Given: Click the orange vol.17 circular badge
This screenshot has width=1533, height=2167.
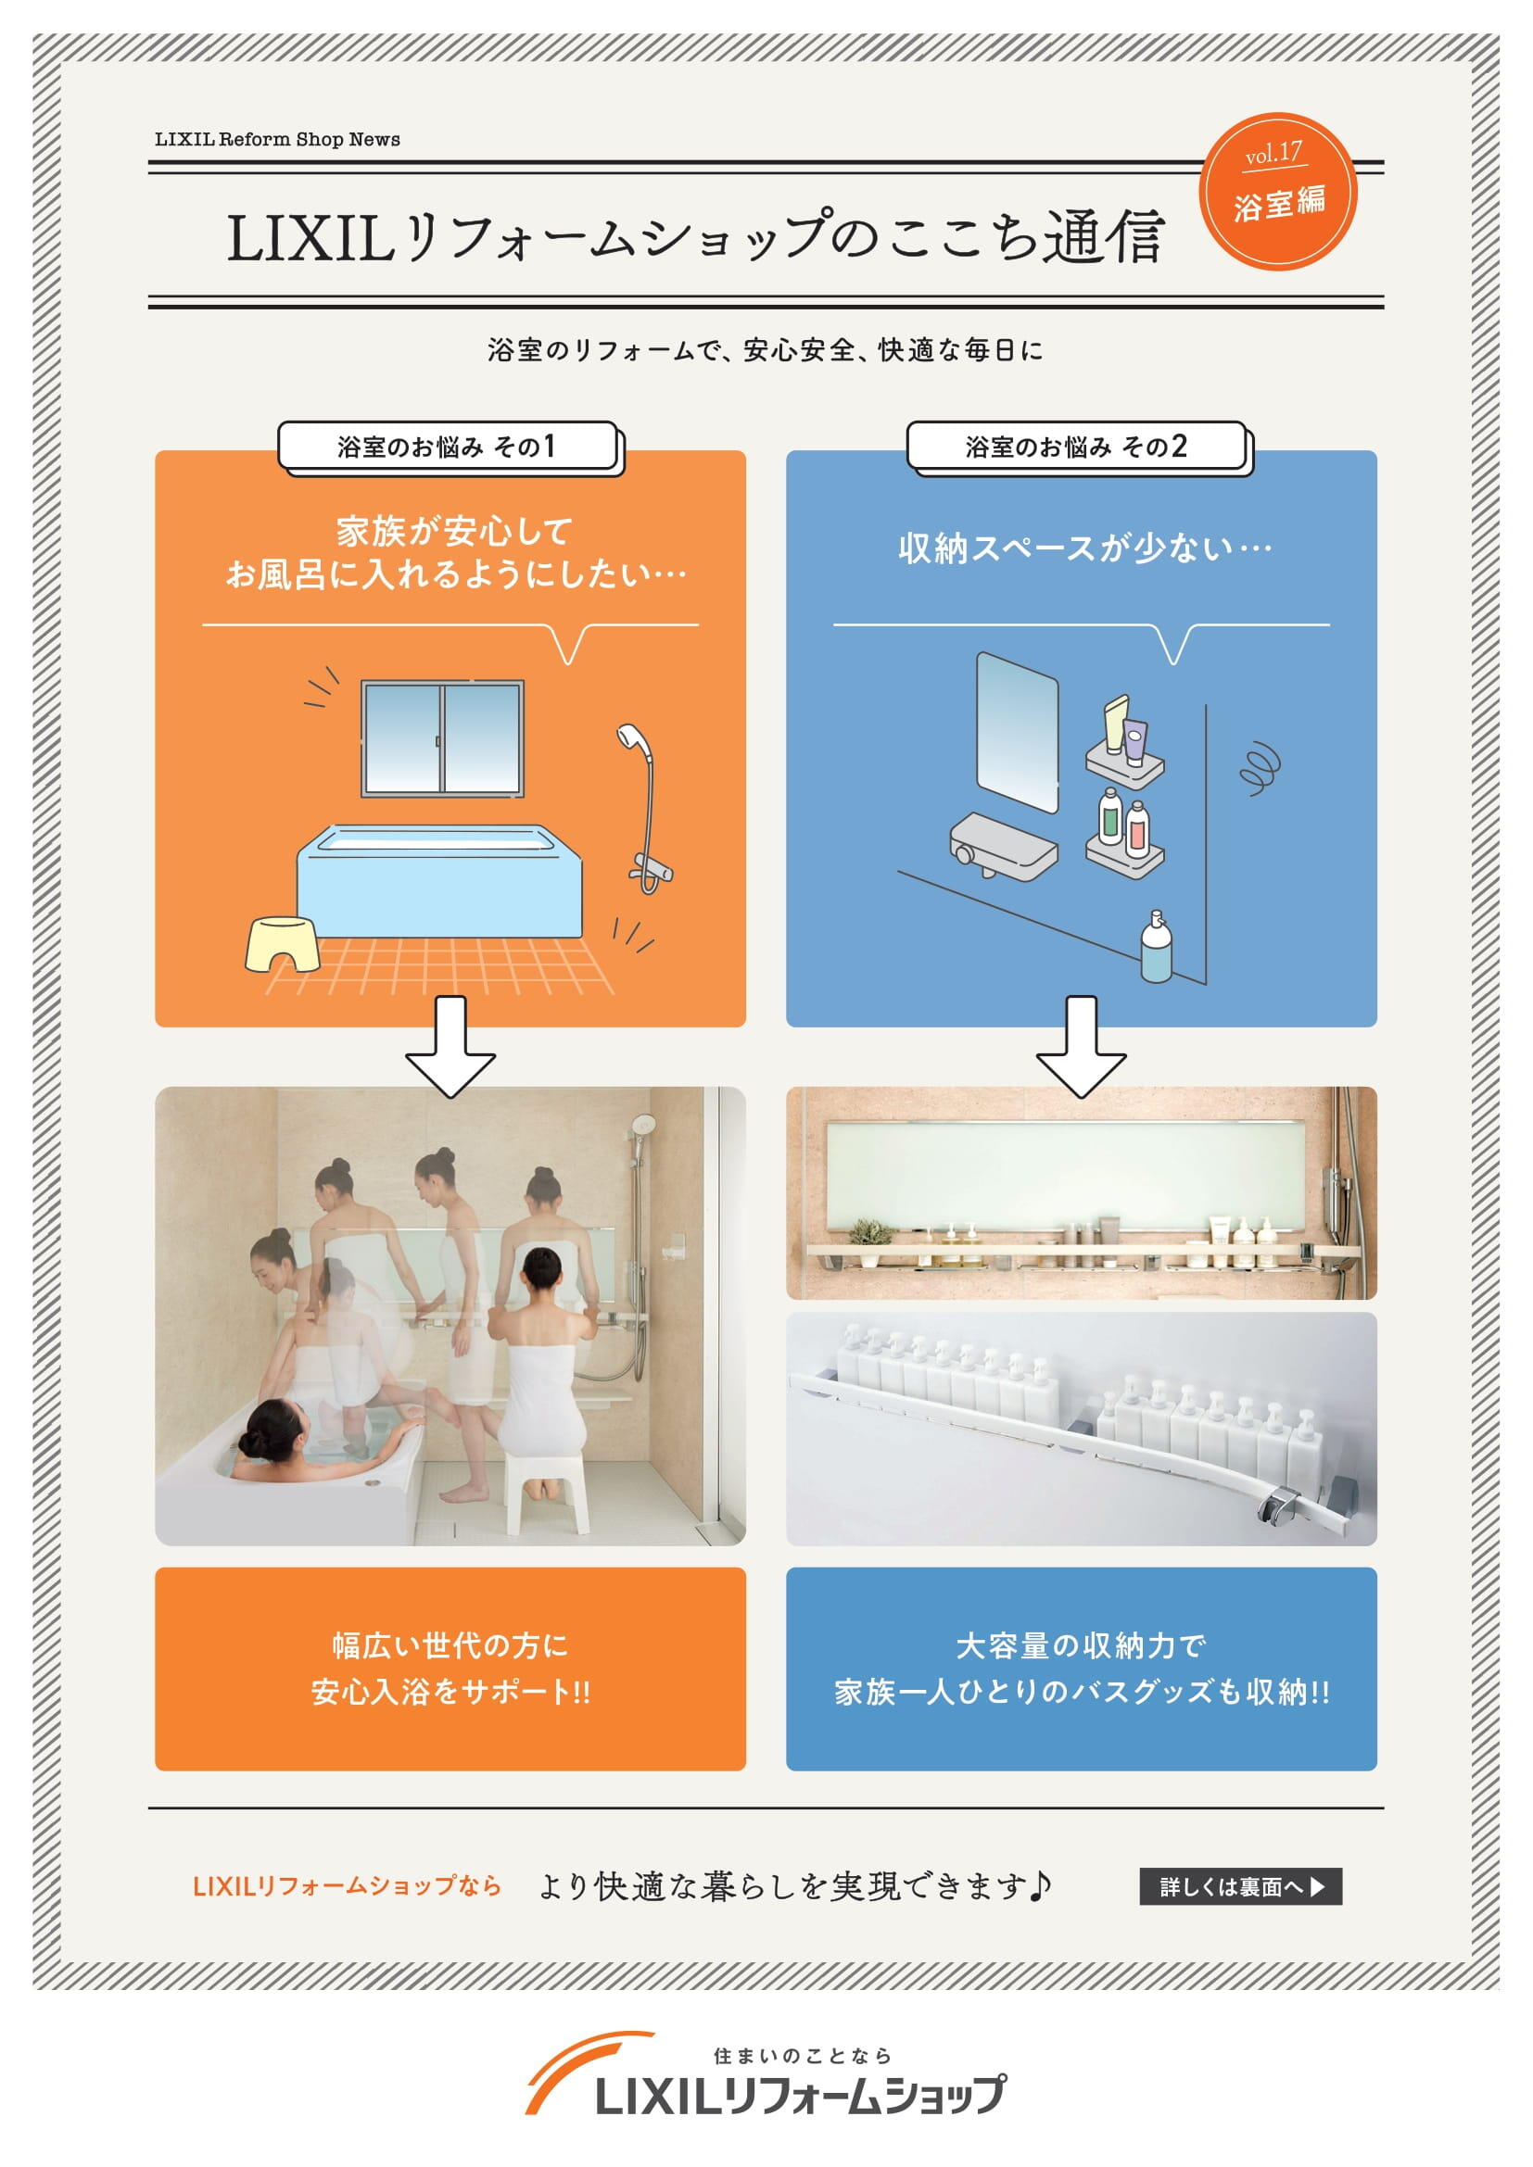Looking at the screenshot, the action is tap(1277, 192).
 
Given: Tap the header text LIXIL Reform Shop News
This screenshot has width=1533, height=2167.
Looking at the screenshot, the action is tap(277, 140).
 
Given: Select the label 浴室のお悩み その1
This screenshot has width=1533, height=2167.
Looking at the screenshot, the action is tap(448, 447).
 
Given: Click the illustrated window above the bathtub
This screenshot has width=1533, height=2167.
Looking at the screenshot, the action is tap(443, 739).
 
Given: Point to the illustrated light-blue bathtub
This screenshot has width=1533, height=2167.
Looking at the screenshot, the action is tap(440, 880).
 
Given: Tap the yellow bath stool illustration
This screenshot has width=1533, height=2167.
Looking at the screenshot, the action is tap(282, 944).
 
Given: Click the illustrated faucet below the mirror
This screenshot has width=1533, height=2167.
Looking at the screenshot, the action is tap(1004, 846).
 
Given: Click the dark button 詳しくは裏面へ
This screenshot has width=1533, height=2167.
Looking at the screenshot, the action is tap(1240, 1886).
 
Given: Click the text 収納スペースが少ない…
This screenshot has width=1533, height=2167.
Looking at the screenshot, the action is tap(1084, 548).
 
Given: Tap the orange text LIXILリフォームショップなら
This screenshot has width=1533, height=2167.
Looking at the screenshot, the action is tap(347, 1886).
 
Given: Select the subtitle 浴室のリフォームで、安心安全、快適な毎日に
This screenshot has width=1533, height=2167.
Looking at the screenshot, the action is tap(766, 350).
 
